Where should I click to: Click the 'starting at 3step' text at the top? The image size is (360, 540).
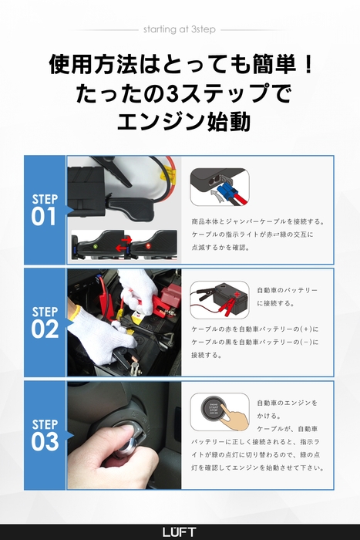coord(180,29)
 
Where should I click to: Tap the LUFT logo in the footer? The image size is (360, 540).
coord(180,532)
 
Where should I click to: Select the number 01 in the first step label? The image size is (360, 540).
coord(45,218)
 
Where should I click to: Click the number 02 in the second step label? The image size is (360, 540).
coord(45,329)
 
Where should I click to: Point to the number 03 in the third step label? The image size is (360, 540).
coord(45,442)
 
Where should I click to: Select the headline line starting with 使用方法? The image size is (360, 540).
coord(180,63)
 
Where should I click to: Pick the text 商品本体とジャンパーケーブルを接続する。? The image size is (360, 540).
coord(257,221)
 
